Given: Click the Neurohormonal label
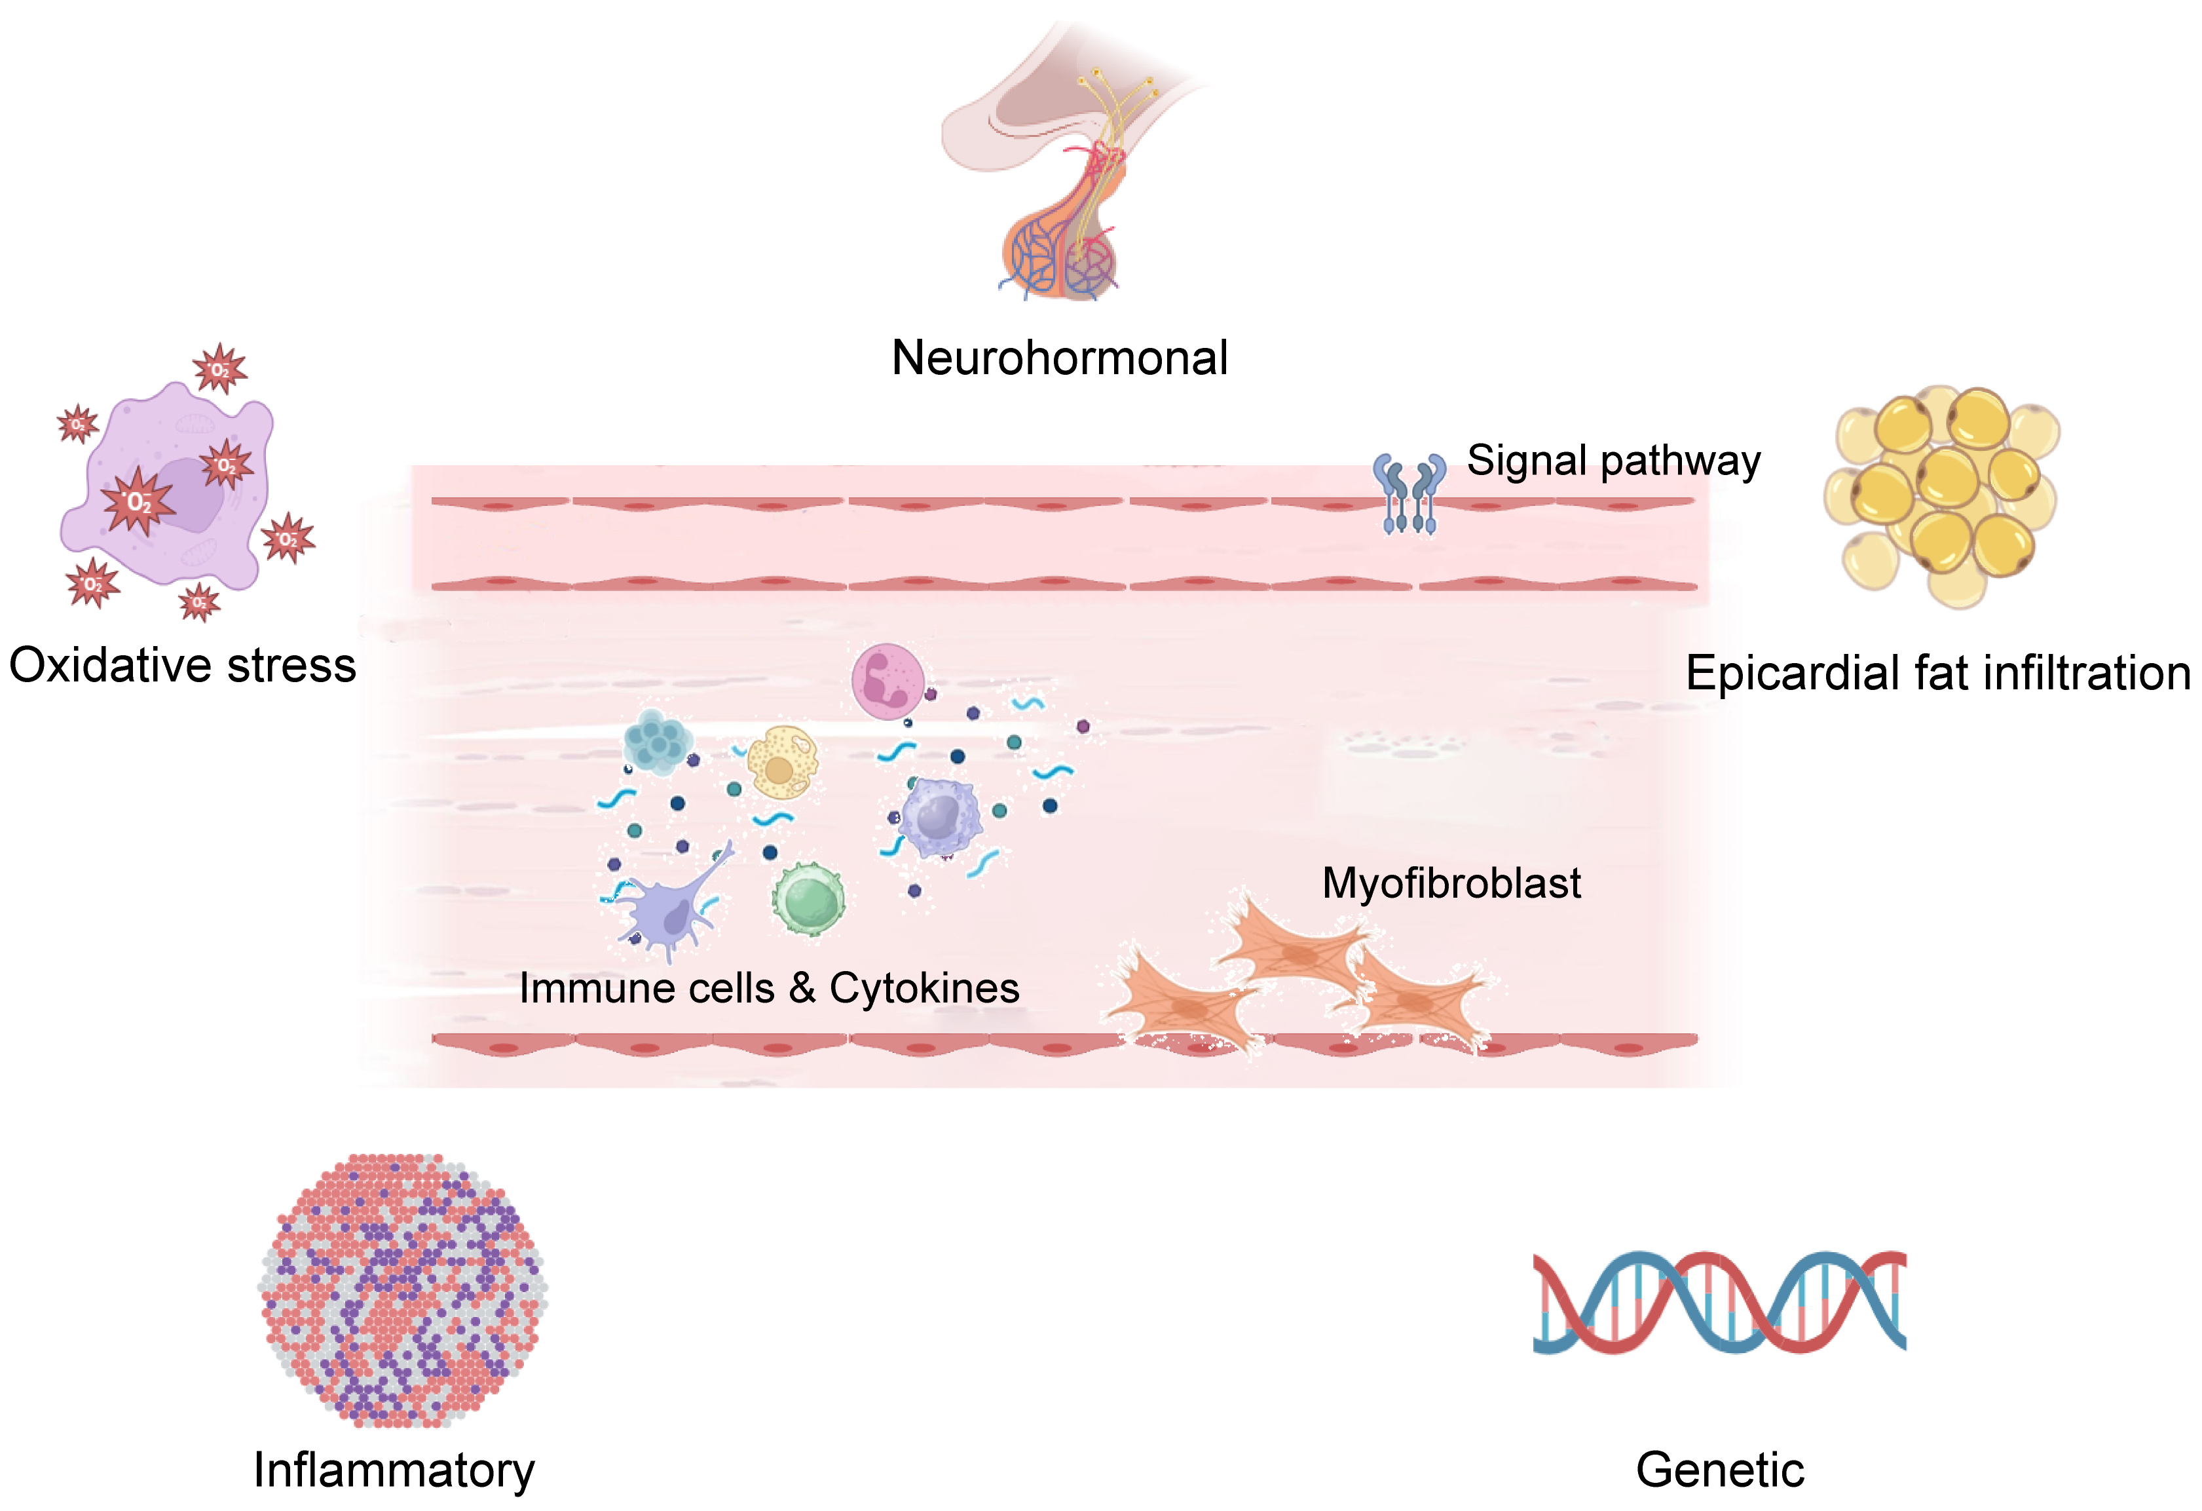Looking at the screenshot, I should coord(1059,358).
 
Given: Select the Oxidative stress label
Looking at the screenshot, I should coord(183,666).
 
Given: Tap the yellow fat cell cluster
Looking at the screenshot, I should coord(1943,493).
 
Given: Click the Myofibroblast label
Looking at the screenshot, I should coord(1451,883).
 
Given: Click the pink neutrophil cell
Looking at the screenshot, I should coord(887,681).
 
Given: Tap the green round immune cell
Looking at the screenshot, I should coord(808,898).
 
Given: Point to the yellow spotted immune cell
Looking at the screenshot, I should coord(783,761).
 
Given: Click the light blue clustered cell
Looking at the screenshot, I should coord(657,741).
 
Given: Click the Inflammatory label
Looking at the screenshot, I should coord(394,1470).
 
